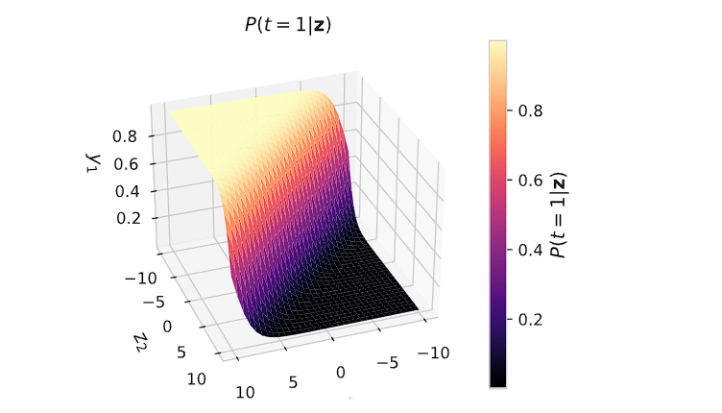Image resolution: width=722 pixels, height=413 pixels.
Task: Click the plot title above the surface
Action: tap(289, 26)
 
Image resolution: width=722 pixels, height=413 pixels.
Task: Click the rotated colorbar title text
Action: tap(557, 214)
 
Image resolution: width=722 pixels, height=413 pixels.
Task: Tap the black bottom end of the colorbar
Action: tap(497, 382)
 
